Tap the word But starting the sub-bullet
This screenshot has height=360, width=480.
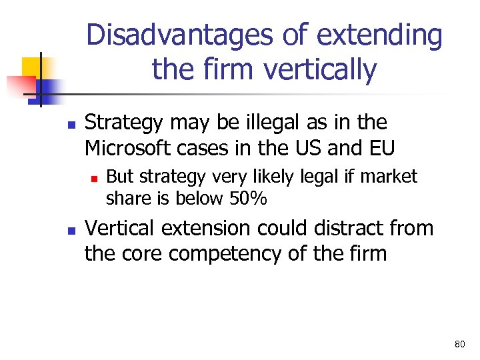click(121, 177)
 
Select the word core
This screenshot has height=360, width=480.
click(137, 253)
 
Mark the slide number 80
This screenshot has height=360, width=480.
click(459, 344)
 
